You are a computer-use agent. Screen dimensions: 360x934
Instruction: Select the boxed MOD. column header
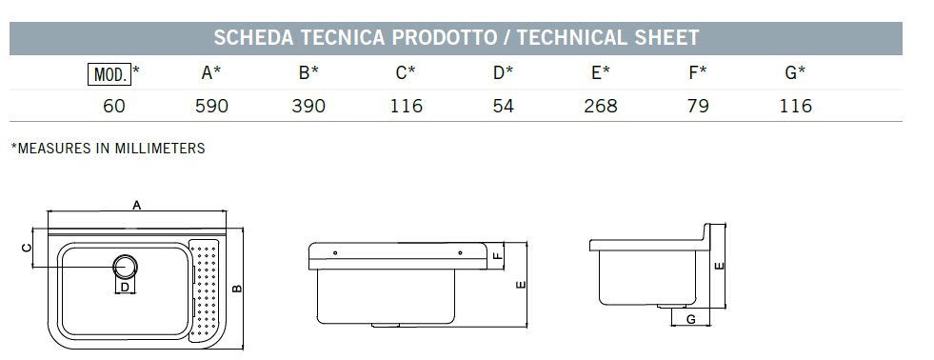[109, 72]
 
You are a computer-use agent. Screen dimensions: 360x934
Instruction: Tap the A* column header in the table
[211, 72]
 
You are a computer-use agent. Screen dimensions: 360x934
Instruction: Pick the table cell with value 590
[211, 106]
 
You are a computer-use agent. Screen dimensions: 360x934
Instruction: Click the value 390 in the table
[308, 106]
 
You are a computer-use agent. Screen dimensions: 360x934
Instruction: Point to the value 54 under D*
[504, 106]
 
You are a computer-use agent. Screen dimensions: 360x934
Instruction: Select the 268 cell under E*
[600, 106]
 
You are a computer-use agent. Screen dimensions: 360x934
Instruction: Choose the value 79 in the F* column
[698, 106]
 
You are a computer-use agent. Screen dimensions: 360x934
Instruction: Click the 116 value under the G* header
[795, 106]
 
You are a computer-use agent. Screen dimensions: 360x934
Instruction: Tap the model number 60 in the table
[114, 106]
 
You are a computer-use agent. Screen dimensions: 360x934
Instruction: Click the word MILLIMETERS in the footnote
[160, 149]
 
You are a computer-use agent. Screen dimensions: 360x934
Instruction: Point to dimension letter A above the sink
[137, 206]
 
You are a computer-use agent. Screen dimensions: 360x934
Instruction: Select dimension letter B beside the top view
[239, 289]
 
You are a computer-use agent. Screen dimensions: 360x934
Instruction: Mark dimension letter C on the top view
[27, 248]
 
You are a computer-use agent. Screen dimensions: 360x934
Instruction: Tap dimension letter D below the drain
[124, 287]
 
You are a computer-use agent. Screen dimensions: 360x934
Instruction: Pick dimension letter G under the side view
[689, 320]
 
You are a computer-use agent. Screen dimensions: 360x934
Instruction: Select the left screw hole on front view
[334, 252]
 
